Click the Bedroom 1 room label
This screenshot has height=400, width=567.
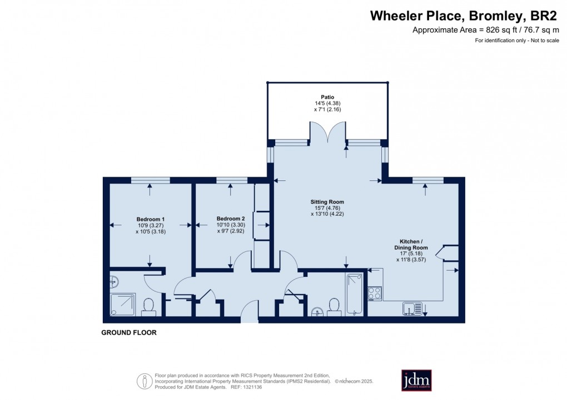point(151,219)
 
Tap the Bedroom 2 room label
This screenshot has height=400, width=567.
point(231,219)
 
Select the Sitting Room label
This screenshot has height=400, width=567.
point(327,202)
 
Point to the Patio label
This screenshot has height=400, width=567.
point(327,97)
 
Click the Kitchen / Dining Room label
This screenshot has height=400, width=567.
point(411,245)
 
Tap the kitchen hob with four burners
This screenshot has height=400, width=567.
point(375,293)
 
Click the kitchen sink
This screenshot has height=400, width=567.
point(412,308)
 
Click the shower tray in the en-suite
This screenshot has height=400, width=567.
point(123,305)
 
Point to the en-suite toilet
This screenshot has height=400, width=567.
point(148,307)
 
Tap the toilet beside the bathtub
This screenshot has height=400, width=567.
point(334,307)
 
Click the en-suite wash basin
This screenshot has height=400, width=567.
point(115,281)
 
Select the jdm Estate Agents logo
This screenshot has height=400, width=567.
point(416,380)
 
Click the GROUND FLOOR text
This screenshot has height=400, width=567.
point(129,332)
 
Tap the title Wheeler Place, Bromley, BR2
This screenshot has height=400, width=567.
point(464,16)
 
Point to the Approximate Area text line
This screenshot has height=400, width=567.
point(486,30)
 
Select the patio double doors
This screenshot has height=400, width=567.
point(327,132)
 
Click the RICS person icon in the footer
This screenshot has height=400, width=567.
point(145,381)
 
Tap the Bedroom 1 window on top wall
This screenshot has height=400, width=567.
point(151,180)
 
